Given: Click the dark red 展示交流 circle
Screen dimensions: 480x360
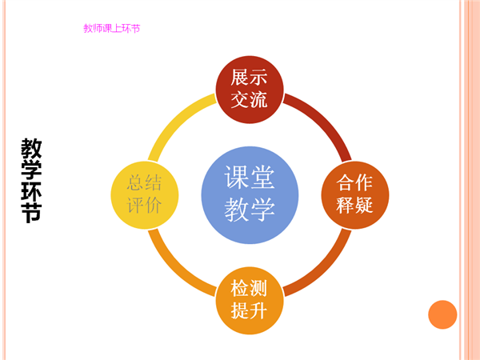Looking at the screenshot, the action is click(250, 90).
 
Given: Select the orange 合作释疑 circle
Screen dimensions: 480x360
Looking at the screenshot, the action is click(355, 195).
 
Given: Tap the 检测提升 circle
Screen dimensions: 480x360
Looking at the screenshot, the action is click(250, 300).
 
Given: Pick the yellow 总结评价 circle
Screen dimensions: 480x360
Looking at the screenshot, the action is click(145, 195).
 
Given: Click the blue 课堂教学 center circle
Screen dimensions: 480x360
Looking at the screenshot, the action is click(250, 195).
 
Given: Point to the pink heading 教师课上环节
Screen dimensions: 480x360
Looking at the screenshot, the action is click(112, 29).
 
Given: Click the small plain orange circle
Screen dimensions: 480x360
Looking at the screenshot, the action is click(442, 314).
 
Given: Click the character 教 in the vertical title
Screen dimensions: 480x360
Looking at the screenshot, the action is click(31, 148).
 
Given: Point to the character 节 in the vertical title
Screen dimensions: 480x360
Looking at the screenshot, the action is click(31, 212).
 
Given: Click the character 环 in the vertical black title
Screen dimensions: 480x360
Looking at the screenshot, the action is click(31, 190).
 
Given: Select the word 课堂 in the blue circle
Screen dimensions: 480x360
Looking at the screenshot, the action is click(250, 178).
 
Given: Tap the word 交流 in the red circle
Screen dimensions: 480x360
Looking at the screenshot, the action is click(249, 100).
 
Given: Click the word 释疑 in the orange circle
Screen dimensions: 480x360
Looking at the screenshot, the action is click(354, 205).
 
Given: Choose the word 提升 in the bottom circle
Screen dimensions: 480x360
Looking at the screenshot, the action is click(249, 310).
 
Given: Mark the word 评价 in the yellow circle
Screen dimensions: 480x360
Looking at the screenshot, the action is click(144, 205).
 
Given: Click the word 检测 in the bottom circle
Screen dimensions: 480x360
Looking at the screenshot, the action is click(249, 288).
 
